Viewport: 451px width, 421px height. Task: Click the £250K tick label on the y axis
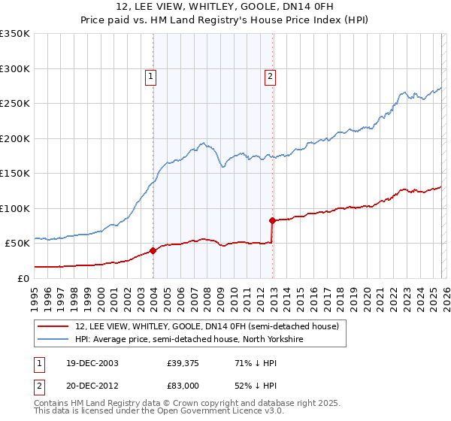15,104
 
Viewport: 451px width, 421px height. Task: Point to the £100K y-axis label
15,208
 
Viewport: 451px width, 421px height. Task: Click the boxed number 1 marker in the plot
151,75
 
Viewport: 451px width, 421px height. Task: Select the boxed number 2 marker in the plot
269,75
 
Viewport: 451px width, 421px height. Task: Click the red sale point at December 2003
153,250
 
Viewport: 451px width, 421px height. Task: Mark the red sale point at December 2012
272,220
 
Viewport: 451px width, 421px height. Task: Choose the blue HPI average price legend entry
189,339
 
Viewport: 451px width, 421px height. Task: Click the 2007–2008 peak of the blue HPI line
202,142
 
